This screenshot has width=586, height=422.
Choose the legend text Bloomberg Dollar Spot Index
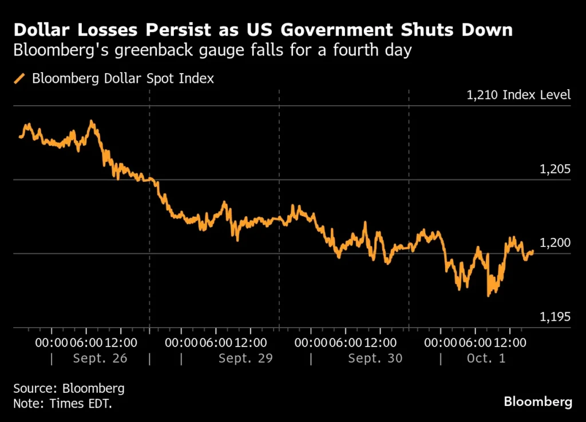(122, 78)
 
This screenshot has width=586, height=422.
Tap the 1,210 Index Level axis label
(518, 95)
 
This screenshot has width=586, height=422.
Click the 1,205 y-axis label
(555, 169)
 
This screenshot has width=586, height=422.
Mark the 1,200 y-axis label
(555, 243)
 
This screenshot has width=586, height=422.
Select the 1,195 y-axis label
(555, 317)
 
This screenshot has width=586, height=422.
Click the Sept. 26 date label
(100, 359)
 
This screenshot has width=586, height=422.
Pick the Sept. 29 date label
(246, 359)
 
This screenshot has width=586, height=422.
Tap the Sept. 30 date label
(375, 359)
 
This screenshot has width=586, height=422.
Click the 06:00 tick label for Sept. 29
(216, 343)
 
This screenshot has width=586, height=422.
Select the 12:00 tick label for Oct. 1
(510, 343)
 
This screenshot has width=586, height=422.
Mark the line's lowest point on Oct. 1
(488, 296)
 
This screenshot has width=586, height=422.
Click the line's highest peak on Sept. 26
(91, 121)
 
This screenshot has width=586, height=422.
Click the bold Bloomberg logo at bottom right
(537, 402)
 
